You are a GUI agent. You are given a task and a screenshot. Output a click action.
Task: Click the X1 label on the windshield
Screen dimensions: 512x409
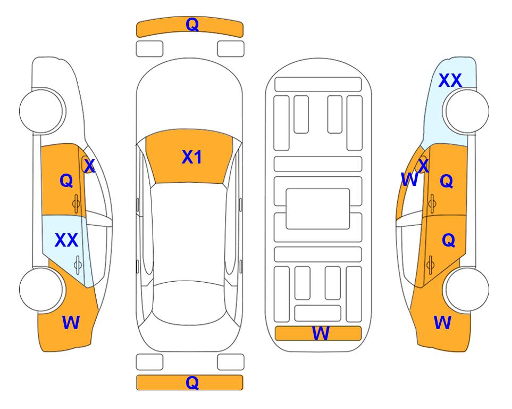tap(192, 157)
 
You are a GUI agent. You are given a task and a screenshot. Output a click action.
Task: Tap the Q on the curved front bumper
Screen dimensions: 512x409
tap(192, 24)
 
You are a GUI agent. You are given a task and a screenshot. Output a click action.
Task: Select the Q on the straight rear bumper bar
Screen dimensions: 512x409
tap(192, 382)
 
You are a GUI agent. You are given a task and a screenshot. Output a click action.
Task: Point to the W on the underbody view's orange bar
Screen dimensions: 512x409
tap(321, 333)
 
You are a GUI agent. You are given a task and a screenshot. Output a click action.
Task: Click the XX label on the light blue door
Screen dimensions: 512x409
tap(66, 240)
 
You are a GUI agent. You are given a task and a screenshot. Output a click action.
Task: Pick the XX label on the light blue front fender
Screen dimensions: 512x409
tap(450, 80)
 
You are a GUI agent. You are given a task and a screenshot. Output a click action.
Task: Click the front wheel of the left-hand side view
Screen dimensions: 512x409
tap(41, 111)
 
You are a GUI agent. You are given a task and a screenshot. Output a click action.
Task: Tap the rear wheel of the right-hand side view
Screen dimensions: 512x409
tap(467, 289)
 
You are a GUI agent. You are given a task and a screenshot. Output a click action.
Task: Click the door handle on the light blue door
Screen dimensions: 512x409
tap(78, 265)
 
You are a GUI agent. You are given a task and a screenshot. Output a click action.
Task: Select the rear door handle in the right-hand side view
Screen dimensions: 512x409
tap(430, 265)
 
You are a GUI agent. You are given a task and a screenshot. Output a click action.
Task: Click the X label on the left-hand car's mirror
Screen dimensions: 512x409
tap(89, 166)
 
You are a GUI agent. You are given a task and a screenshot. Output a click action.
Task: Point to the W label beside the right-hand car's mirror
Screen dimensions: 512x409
tap(409, 179)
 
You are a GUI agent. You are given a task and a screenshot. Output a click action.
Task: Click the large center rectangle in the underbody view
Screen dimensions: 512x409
tap(318, 209)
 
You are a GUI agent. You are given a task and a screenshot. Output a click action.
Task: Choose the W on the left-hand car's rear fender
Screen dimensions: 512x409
tap(71, 323)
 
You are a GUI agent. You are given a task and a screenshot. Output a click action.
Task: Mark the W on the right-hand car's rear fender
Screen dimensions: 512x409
tap(442, 323)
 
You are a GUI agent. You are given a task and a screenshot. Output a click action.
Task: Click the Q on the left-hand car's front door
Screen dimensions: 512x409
tap(66, 181)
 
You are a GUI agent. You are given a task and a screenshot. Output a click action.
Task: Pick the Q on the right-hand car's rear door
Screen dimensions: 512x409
tap(448, 240)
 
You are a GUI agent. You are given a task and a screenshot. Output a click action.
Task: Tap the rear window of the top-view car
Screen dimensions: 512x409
tap(189, 302)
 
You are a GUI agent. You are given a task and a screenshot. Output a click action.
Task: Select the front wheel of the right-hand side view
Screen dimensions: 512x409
tap(467, 111)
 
